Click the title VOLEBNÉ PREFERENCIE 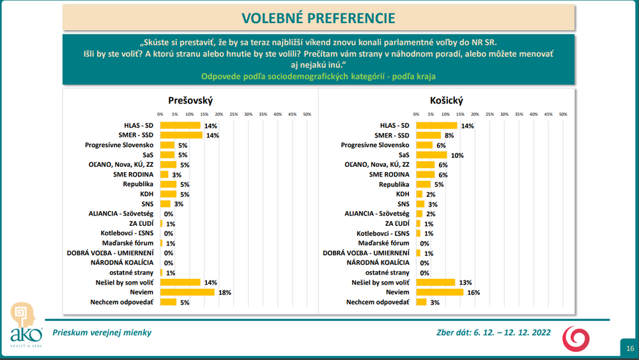pos(318,18)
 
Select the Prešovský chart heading pos(190,101)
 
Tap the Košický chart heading pos(447,101)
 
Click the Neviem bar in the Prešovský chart pos(187,292)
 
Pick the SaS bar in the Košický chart pos(431,155)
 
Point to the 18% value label pos(224,292)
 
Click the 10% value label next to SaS pos(457,155)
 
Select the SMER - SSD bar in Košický pos(428,136)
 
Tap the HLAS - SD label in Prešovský pos(139,125)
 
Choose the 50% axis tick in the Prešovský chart pos(307,114)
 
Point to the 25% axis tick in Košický pos(489,114)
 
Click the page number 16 pos(630,348)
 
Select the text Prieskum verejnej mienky pos(102,333)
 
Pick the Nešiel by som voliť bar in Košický pos(435,282)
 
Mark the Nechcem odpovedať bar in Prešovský pos(167,302)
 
